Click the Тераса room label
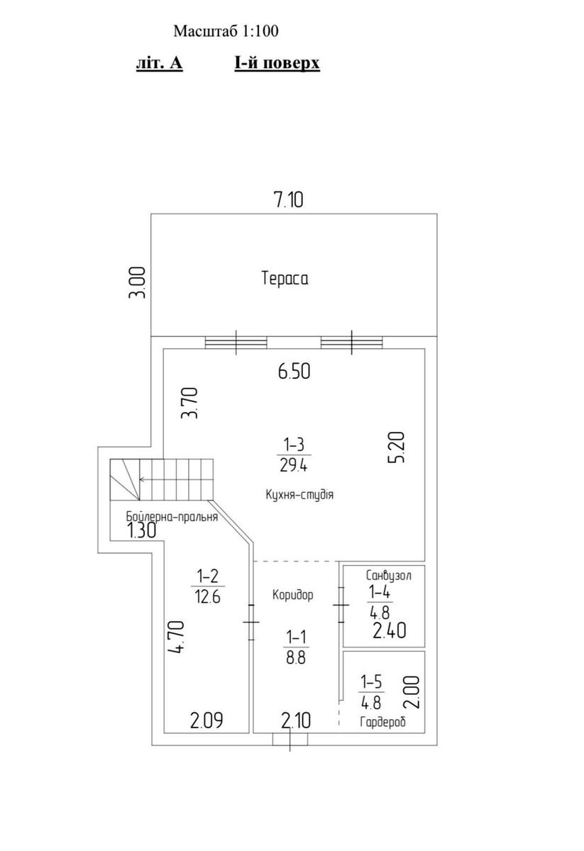285,278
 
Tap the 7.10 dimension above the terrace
289,199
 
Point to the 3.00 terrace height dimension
138,283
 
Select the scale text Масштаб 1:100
226,30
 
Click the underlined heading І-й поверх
277,62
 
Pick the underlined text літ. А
160,62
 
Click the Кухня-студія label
299,495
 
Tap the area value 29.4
294,465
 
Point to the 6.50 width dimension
294,371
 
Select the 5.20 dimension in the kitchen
397,447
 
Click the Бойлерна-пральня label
172,517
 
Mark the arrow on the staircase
177,479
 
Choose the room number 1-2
208,577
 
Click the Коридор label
293,594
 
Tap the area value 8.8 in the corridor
296,657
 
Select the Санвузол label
389,576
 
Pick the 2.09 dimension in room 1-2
206,721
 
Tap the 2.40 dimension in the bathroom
390,630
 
